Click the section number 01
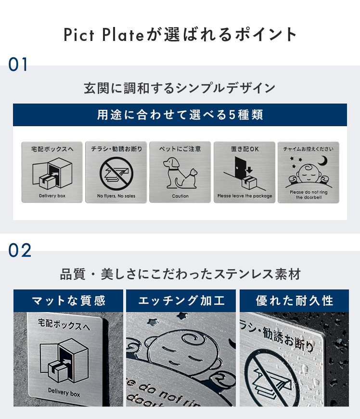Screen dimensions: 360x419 [18, 65]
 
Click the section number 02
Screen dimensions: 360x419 [20, 250]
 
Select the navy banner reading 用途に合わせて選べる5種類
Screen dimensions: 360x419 [180, 115]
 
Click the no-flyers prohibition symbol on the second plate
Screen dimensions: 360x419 [116, 173]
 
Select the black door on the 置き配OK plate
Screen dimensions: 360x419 [240, 168]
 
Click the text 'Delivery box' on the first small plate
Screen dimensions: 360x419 [52, 196]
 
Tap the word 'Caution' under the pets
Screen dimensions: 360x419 [180, 196]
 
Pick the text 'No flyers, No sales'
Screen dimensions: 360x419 [116, 196]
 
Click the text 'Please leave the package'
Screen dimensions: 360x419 [244, 196]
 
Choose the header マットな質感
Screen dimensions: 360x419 [68, 301]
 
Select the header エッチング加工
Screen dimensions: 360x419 [181, 301]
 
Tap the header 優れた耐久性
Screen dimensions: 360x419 [294, 301]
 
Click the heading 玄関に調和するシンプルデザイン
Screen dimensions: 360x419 [180, 88]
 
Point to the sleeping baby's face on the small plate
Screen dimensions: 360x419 [309, 173]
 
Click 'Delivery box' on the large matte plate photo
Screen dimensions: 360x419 [64, 393]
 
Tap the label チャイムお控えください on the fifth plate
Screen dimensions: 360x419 [309, 149]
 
